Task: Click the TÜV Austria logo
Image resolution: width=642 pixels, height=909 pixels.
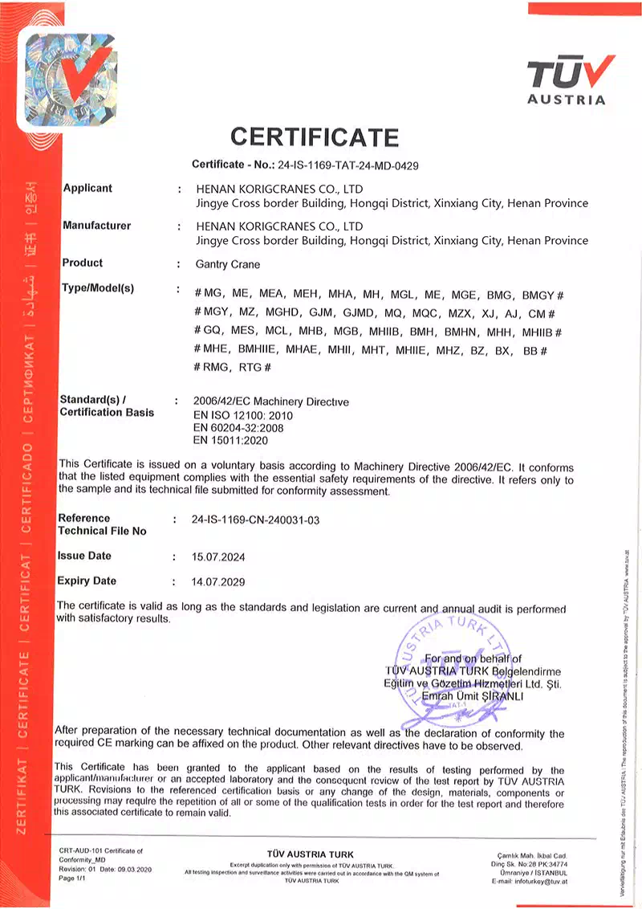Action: coord(567,79)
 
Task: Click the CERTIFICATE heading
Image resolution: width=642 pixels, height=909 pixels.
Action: coord(314,137)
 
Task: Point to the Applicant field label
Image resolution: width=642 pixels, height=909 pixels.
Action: coord(87,188)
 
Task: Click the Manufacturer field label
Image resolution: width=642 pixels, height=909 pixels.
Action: coord(96,226)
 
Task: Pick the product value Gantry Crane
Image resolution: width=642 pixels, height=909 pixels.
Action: coord(228,263)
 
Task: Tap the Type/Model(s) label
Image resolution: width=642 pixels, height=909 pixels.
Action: coord(98,288)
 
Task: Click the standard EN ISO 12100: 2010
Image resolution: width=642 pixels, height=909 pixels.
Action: coord(243,416)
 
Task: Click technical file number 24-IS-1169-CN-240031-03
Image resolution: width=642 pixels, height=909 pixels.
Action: coord(257,520)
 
